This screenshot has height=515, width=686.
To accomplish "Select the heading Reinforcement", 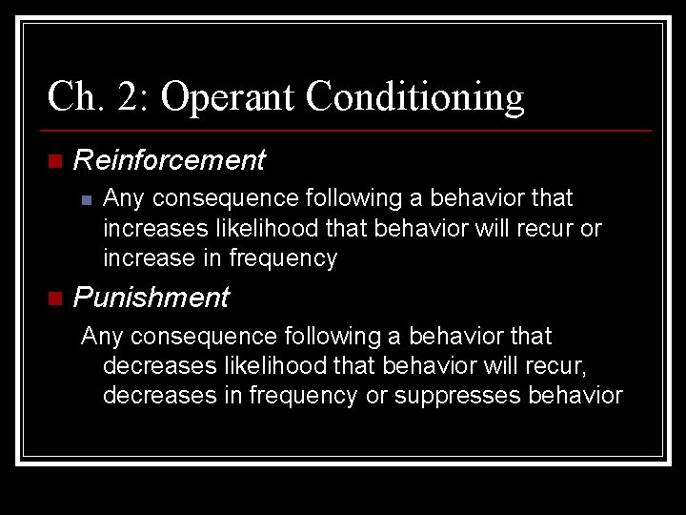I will coord(169,160).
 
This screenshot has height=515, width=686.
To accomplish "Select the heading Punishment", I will coord(151,298).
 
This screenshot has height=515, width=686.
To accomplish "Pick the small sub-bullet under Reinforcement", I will coord(85,199).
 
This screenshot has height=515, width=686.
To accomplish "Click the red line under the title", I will coord(349,130).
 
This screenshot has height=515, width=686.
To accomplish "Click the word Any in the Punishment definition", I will coord(100,337).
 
